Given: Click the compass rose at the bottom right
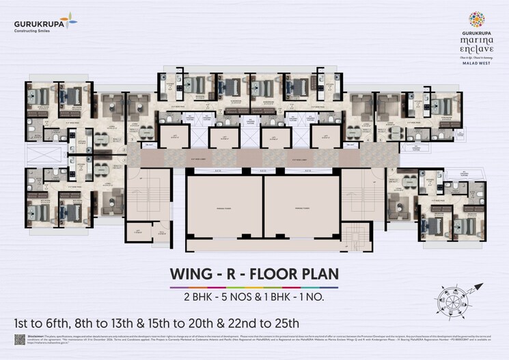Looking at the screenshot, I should (454, 300).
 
